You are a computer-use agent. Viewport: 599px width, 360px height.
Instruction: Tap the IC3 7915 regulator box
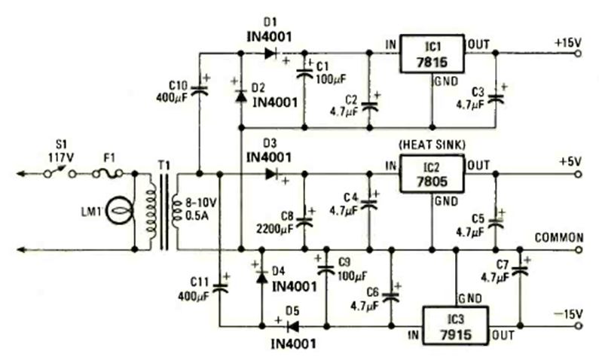(x=454, y=327)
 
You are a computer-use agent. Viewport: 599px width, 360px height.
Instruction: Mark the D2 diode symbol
(x=241, y=96)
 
